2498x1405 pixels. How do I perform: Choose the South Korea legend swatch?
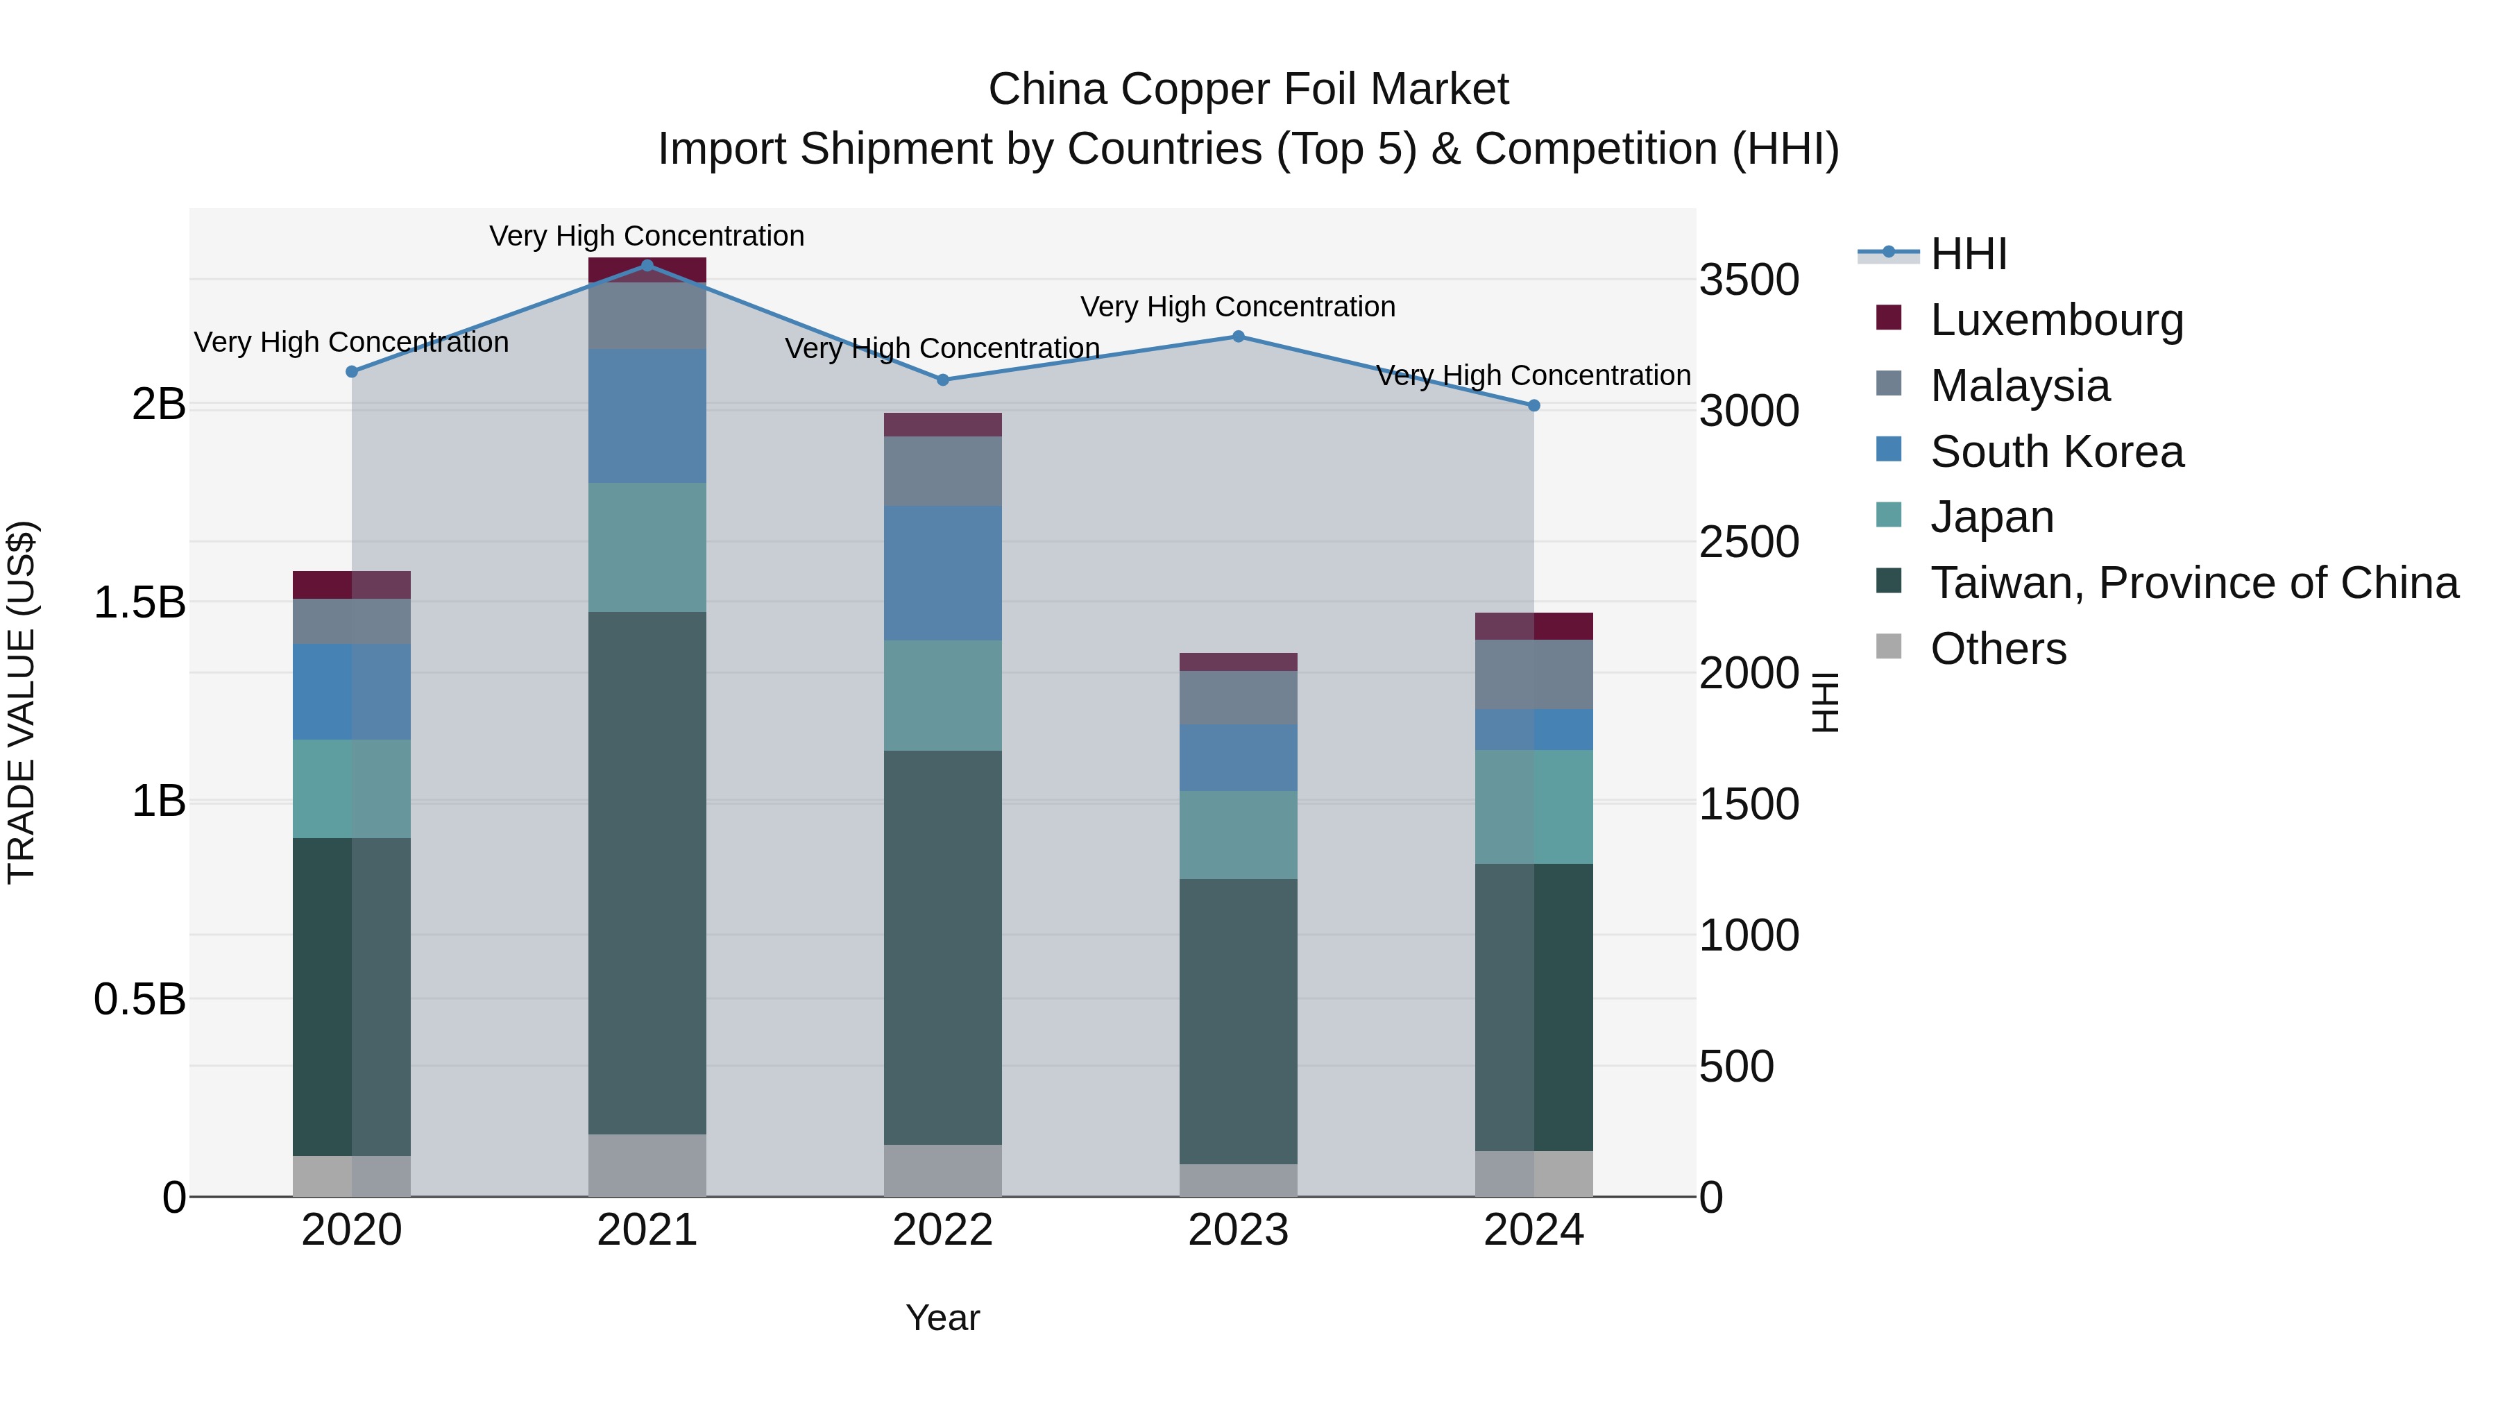coord(1889,450)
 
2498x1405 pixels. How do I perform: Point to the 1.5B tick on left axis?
coord(139,603)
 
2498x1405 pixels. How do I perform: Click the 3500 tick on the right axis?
coord(1749,280)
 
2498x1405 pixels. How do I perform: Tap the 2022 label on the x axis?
coord(942,1230)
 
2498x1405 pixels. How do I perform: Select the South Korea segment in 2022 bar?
coord(942,572)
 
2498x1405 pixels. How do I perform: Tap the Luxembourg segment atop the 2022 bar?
coord(942,425)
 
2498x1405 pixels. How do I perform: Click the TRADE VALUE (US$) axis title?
coord(22,702)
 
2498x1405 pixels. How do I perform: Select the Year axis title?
coord(942,1318)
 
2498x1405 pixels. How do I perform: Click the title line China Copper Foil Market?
coord(1248,90)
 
